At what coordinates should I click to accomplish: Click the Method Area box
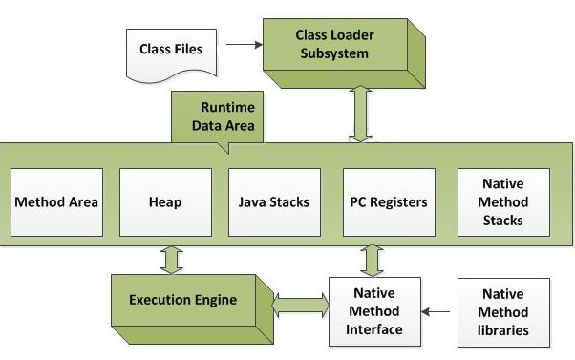56,202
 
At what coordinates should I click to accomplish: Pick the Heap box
165,202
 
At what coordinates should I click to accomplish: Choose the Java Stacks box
274,202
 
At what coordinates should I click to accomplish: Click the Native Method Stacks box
502,202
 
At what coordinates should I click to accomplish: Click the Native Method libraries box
503,310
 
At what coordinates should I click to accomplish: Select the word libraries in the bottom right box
503,330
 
